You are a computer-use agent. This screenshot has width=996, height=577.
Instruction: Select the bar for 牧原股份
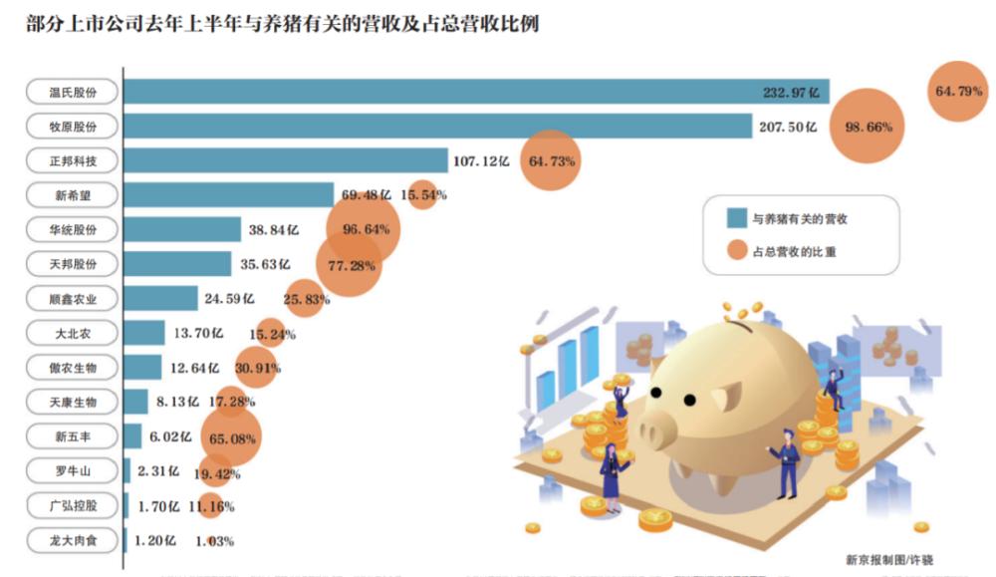(x=438, y=127)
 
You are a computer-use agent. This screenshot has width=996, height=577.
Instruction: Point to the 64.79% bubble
(x=959, y=91)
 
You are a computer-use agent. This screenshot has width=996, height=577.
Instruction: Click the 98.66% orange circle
(x=868, y=128)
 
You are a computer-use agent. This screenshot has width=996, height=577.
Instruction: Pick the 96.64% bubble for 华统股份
(x=364, y=229)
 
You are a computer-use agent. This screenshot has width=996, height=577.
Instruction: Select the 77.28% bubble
(x=350, y=265)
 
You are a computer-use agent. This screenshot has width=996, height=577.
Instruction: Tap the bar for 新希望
(x=228, y=194)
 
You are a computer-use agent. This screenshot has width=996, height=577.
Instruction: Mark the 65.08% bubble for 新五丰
(x=230, y=436)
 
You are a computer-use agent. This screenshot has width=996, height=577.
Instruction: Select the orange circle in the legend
(x=735, y=252)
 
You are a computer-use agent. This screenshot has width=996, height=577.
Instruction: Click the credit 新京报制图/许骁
(x=888, y=560)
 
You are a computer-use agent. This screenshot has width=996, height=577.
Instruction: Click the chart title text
(x=283, y=23)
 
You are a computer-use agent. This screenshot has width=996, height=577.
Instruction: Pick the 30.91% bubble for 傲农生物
(x=255, y=368)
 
